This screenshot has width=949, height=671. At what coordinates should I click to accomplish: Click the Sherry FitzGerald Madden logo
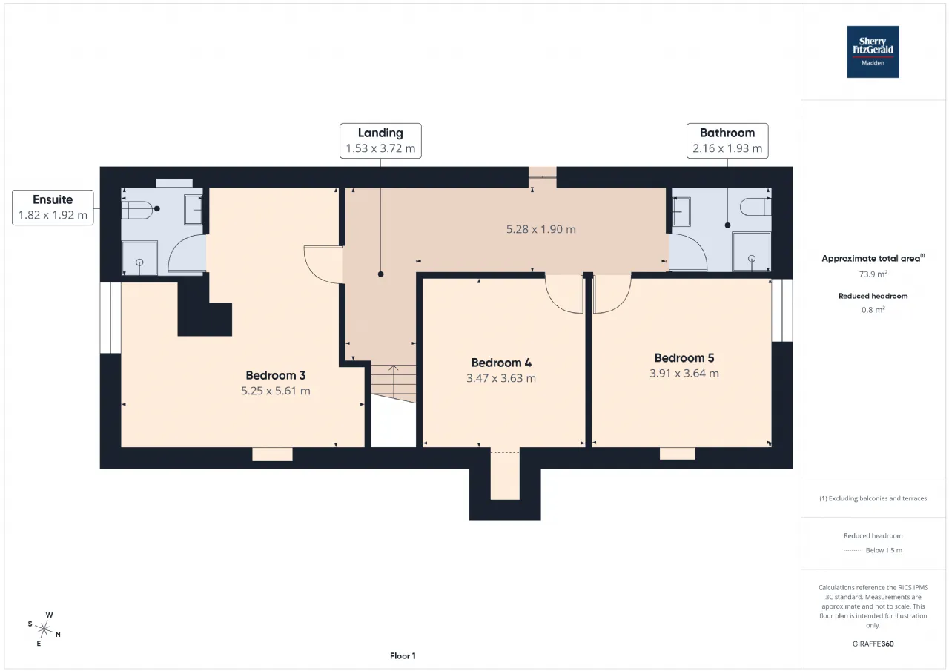pyautogui.click(x=873, y=52)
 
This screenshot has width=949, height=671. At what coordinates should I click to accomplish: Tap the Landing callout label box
pyautogui.click(x=380, y=141)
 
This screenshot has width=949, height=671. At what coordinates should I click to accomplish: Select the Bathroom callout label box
pyautogui.click(x=727, y=141)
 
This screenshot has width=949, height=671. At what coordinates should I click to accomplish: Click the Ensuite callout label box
pyautogui.click(x=53, y=207)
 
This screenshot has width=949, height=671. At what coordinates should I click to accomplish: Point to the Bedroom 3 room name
pyautogui.click(x=275, y=375)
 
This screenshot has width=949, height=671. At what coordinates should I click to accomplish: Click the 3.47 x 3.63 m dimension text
pyautogui.click(x=500, y=378)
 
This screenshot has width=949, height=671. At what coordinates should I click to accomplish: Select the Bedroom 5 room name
pyautogui.click(x=684, y=358)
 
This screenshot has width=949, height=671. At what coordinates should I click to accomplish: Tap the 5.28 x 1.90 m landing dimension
pyautogui.click(x=540, y=229)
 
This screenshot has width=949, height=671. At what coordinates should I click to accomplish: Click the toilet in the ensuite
pyautogui.click(x=137, y=210)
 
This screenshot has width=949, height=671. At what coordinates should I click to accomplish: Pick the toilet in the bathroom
pyautogui.click(x=755, y=207)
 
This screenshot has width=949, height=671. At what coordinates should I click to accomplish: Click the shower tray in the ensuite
pyautogui.click(x=139, y=257)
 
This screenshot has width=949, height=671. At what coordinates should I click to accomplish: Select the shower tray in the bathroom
pyautogui.click(x=751, y=251)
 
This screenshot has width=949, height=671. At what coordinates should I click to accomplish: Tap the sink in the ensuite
pyautogui.click(x=194, y=210)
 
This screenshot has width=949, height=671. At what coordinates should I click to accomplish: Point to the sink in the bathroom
pyautogui.click(x=681, y=211)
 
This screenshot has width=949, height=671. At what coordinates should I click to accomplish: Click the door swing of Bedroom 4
pyautogui.click(x=564, y=294)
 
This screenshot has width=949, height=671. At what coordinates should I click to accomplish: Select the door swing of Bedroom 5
pyautogui.click(x=612, y=294)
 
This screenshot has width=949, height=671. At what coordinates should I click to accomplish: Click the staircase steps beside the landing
pyautogui.click(x=394, y=383)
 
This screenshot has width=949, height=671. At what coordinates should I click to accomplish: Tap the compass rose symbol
pyautogui.click(x=44, y=629)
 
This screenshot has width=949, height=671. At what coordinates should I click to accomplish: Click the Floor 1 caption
pyautogui.click(x=403, y=655)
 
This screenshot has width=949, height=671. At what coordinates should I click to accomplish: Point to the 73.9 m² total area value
pyautogui.click(x=873, y=274)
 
